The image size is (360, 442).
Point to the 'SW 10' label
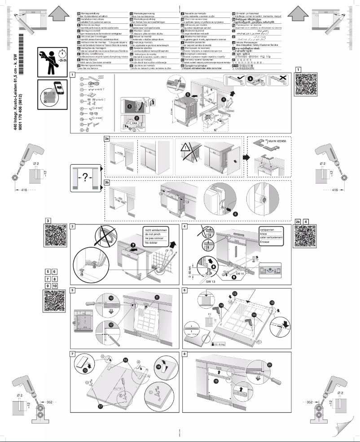(240, 273)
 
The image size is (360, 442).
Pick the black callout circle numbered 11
(157, 298)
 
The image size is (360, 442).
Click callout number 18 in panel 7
(158, 366)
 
